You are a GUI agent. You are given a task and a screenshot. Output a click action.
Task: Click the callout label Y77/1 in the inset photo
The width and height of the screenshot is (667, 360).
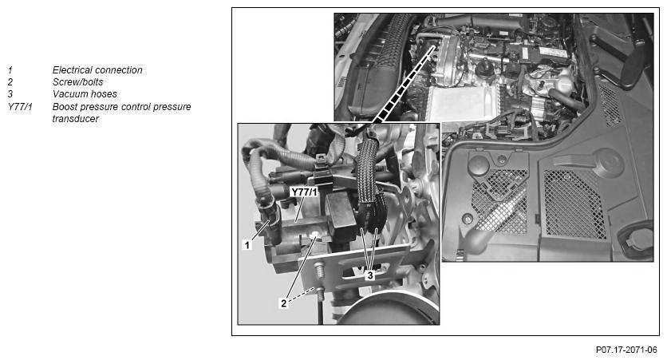pos(305,192)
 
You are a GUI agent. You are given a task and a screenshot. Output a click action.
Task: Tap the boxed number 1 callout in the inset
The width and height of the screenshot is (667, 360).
pos(247,246)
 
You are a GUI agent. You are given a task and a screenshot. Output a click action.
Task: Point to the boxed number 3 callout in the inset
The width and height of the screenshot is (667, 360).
pos(369,274)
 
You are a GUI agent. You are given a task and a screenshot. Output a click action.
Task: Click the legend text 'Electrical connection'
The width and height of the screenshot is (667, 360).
pos(97,70)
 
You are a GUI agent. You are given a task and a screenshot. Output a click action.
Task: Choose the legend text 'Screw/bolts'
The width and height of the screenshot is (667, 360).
pos(77,82)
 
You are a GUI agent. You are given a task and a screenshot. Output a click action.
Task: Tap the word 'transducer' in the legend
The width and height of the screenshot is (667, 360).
pos(75,119)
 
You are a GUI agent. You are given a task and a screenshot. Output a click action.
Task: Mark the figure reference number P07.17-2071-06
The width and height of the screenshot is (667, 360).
pos(626,350)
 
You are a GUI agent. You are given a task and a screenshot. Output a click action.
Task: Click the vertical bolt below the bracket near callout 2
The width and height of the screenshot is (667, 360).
pos(318,279)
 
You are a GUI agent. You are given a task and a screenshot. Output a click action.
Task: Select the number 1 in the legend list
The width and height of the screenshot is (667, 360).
pos(10,70)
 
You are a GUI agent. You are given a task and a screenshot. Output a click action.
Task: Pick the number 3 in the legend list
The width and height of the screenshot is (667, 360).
pos(10,94)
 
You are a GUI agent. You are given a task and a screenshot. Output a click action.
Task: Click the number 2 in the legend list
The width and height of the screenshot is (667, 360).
pos(10,82)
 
